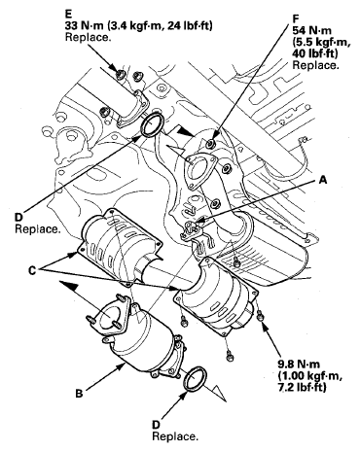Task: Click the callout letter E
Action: click(68, 14)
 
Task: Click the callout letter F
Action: click(296, 18)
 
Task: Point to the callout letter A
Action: click(323, 180)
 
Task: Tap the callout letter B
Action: click(79, 394)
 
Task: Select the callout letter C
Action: click(32, 270)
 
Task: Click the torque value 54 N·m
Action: click(312, 30)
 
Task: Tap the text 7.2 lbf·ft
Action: click(302, 387)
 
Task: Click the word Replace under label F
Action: click(315, 65)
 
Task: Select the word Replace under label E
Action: click(88, 37)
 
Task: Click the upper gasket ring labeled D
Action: click(153, 125)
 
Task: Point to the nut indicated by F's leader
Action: click(211, 142)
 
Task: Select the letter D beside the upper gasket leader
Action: click(18, 217)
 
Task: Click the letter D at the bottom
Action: click(157, 425)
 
